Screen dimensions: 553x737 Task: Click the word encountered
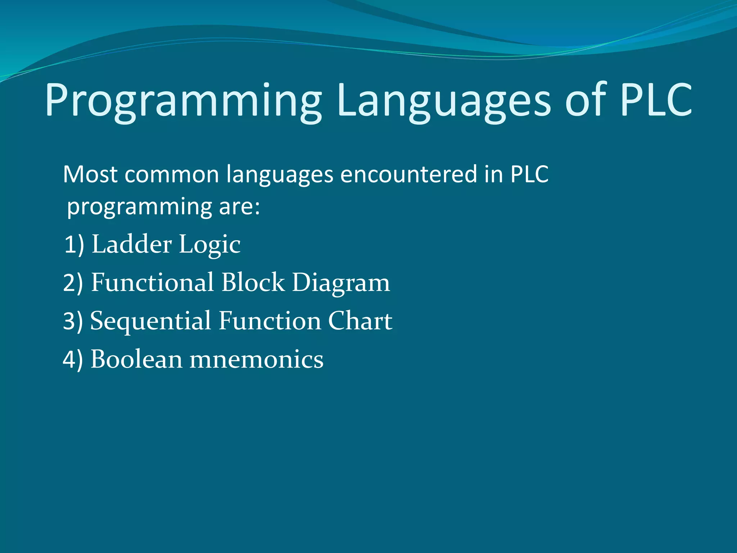[408, 175]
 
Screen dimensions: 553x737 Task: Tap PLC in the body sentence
[529, 175]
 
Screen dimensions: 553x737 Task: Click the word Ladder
[132, 244]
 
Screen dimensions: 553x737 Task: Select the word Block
[253, 282]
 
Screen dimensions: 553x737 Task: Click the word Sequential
[150, 321]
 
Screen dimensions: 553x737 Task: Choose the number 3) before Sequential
[73, 321]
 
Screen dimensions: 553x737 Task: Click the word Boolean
[136, 359]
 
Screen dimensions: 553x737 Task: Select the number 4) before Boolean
[73, 360]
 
